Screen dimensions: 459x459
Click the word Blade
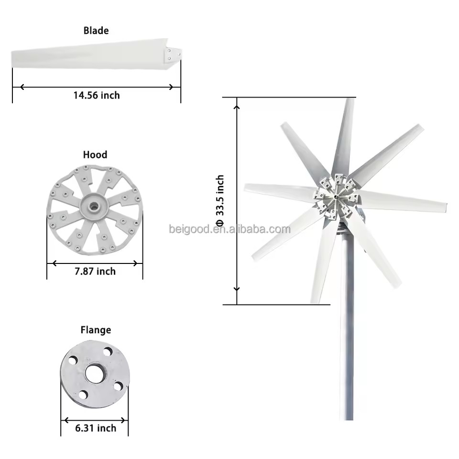[96, 31]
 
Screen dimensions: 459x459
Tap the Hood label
[95, 154]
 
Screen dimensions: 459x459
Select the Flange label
[96, 330]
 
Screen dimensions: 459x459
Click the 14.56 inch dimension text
[96, 95]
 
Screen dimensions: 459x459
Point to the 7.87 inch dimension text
[95, 272]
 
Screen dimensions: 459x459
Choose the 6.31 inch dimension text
[96, 428]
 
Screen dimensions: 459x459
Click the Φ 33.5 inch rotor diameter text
[219, 201]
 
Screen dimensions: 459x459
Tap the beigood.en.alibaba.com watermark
[230, 229]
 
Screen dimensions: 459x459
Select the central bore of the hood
[94, 206]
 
